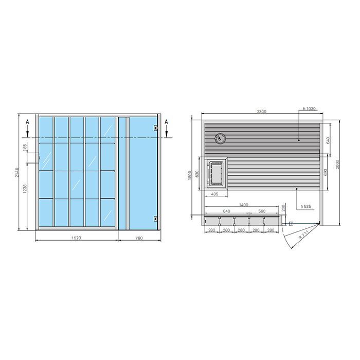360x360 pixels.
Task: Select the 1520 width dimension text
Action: pyautogui.click(x=76, y=238)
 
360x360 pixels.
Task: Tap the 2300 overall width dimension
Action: pyautogui.click(x=261, y=112)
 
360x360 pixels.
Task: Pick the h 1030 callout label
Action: pyautogui.click(x=309, y=109)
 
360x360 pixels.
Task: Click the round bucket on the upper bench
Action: pyautogui.click(x=221, y=138)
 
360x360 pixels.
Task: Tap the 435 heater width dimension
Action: pyautogui.click(x=215, y=194)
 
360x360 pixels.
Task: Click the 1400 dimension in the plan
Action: pyautogui.click(x=244, y=205)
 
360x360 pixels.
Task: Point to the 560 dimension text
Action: pyautogui.click(x=261, y=211)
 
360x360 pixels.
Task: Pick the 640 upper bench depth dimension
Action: pyautogui.click(x=328, y=140)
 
